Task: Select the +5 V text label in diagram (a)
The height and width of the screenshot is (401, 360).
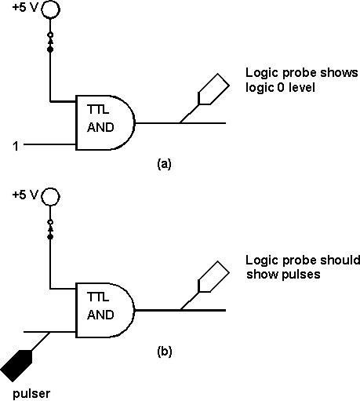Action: click(25, 8)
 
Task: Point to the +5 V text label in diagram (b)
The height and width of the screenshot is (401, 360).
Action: click(25, 195)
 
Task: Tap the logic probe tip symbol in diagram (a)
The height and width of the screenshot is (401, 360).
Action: click(214, 89)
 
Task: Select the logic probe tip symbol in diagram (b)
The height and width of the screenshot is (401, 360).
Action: click(214, 276)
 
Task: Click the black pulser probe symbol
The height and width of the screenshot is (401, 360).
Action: click(16, 366)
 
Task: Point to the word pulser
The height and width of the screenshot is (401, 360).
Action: click(31, 393)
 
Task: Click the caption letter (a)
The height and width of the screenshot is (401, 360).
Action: click(164, 164)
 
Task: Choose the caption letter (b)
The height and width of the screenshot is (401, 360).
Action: click(165, 352)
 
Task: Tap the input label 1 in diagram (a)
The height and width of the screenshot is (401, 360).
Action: click(16, 146)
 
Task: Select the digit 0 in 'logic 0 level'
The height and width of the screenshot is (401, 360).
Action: click(280, 87)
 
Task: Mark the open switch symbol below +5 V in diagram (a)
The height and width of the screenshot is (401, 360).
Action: click(50, 42)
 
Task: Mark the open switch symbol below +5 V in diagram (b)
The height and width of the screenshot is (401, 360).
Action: click(50, 229)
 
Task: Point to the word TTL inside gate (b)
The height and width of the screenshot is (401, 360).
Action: click(98, 297)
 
